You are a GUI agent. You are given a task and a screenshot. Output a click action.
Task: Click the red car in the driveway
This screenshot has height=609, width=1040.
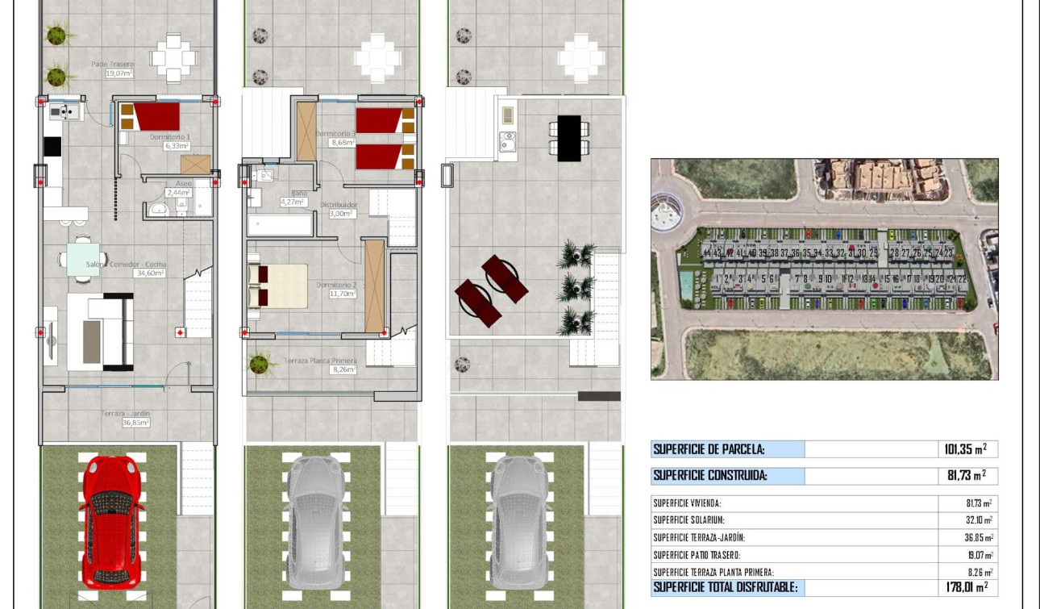point(112,520)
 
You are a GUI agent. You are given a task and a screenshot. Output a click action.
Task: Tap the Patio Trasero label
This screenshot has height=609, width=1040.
point(113,64)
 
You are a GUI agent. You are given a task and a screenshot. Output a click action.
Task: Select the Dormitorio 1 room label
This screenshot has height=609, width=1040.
point(170,137)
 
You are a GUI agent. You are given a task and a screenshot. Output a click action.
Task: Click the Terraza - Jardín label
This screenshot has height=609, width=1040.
point(126,414)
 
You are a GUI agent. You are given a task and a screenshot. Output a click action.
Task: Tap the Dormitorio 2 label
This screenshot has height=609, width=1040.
point(336,285)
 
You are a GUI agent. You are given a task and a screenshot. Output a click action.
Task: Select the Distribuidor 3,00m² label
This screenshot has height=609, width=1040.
point(338,209)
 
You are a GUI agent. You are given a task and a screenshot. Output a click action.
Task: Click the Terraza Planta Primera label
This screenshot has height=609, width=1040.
point(320,361)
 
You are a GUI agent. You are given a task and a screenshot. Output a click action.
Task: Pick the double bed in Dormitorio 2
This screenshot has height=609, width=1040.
point(278,286)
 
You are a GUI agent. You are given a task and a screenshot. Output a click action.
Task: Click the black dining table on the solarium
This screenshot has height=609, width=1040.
point(568,138)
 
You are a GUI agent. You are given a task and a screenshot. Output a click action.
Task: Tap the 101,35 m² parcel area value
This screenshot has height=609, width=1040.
point(965,449)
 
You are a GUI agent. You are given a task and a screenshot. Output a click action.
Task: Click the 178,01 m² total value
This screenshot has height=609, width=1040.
point(966,588)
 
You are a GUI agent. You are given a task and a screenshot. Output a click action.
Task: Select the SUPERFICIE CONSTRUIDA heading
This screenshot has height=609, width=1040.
point(709,476)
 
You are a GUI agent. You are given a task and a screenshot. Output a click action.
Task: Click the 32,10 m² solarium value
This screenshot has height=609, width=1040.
point(979,520)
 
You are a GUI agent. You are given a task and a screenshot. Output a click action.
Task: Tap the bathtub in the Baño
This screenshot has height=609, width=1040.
point(280,224)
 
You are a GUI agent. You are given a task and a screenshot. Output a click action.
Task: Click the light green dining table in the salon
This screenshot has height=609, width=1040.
point(83,259)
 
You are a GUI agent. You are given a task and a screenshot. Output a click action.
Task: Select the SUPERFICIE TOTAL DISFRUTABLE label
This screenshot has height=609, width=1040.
point(726,588)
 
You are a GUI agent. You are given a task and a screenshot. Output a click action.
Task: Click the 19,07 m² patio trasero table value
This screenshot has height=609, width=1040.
point(979,555)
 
